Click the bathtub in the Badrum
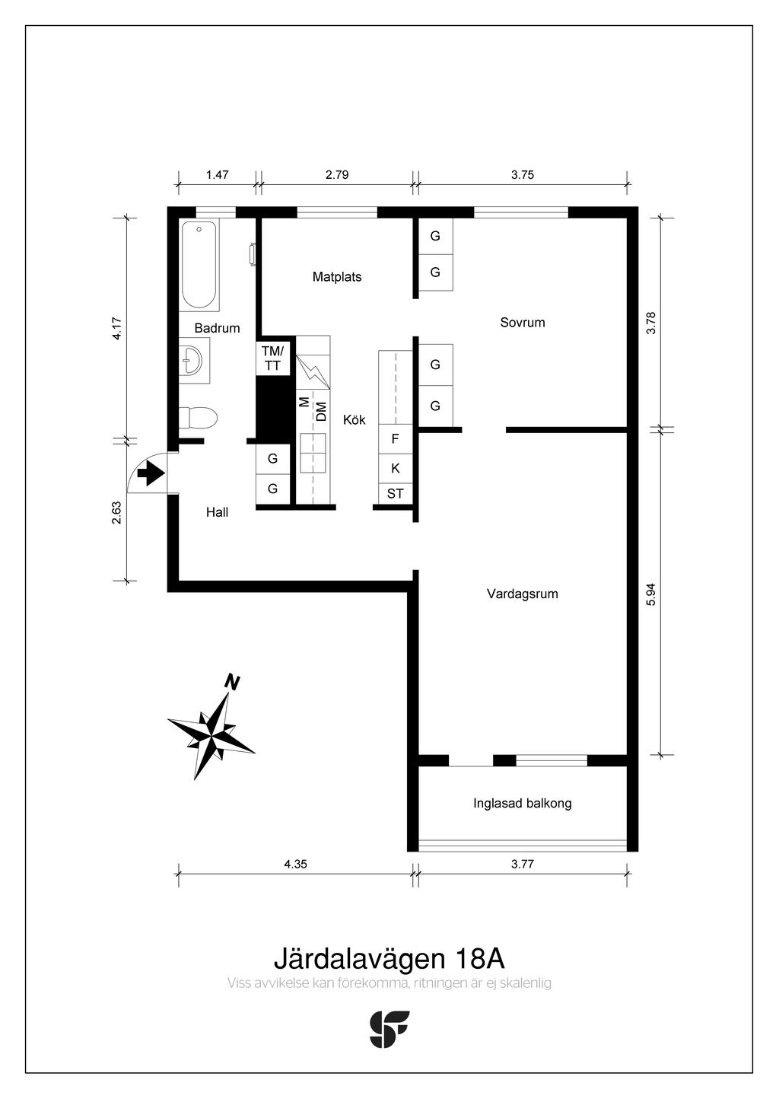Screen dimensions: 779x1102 199,265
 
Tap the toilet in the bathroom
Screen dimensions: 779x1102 198,418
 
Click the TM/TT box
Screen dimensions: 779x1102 272,358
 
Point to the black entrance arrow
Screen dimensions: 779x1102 151,475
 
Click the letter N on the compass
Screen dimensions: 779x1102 233,683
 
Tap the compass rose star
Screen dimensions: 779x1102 211,735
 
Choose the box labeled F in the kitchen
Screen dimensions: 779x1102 396,439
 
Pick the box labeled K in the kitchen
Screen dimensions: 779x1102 396,468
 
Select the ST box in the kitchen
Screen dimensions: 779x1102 396,493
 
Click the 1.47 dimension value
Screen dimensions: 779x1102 218,174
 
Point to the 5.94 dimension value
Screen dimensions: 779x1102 651,594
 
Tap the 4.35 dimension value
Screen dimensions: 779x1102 296,864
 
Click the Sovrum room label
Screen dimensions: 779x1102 523,323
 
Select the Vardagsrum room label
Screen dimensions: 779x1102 523,594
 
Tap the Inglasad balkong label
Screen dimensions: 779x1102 523,804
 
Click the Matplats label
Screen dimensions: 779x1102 337,277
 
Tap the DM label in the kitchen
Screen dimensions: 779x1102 321,412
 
